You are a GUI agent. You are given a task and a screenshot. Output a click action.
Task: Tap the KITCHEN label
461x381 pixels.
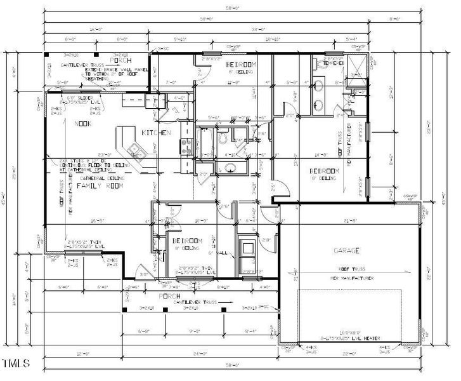pyautogui.click(x=157, y=133)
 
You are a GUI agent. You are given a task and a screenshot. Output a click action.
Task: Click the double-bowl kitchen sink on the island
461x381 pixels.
pyautogui.click(x=134, y=150)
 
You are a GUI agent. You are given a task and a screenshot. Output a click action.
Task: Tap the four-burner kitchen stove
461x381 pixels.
pyautogui.click(x=186, y=147)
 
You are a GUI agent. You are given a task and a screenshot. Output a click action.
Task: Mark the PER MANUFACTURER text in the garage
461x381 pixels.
pyautogui.click(x=351, y=278)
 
